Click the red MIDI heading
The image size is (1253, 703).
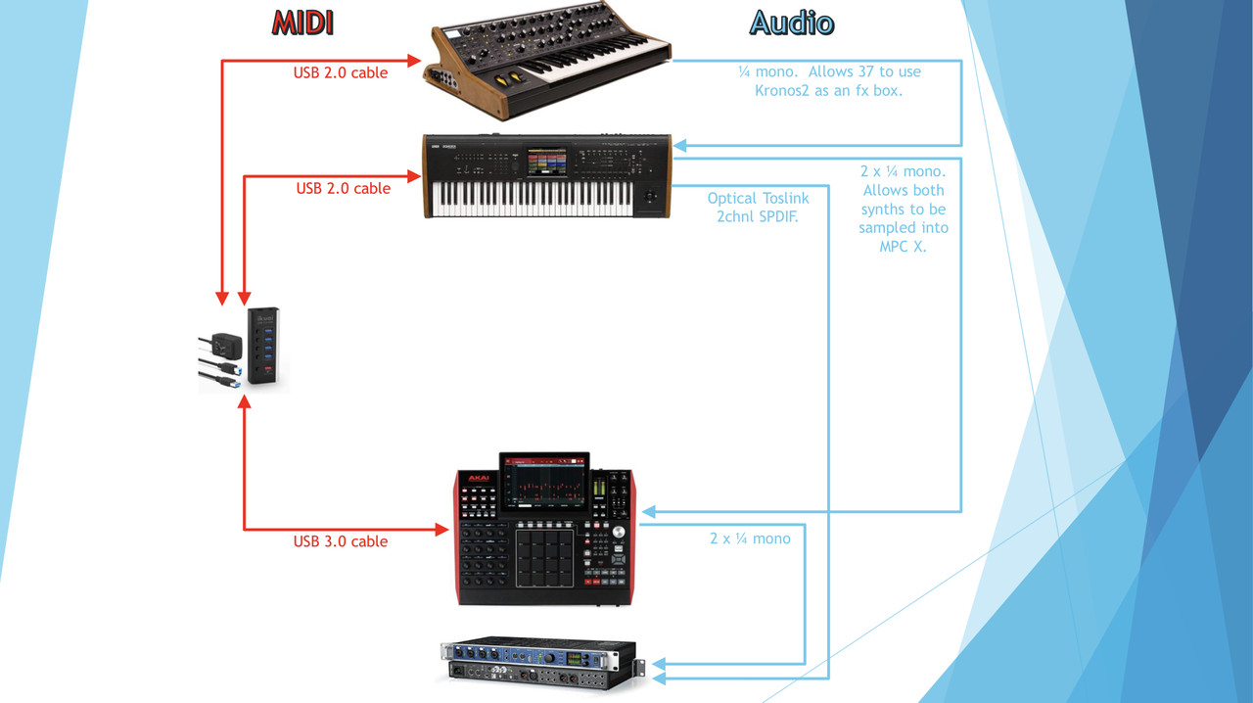[x=302, y=23]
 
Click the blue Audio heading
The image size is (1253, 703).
[x=792, y=23]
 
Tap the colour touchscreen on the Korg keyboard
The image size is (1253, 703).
[x=546, y=163]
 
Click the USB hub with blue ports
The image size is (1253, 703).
[x=263, y=346]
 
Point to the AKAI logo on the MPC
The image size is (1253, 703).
[x=479, y=478]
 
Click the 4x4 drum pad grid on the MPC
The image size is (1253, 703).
[x=544, y=558]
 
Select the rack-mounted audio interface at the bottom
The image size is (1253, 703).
[x=539, y=664]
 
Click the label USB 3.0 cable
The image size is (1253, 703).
[x=341, y=541]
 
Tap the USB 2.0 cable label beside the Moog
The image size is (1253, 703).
[x=341, y=72]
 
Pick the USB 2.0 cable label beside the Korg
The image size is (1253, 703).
[x=343, y=188]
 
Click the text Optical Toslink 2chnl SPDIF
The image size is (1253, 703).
[x=758, y=208]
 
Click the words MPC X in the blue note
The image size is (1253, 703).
[x=903, y=247]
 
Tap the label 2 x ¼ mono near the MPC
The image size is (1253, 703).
[x=750, y=539]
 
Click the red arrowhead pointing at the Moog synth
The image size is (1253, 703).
[x=414, y=61]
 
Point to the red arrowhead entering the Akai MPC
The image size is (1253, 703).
[x=442, y=530]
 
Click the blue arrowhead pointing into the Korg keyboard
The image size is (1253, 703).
[x=679, y=146]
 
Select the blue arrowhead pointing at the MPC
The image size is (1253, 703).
[x=649, y=511]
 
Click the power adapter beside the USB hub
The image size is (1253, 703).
[x=226, y=346]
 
